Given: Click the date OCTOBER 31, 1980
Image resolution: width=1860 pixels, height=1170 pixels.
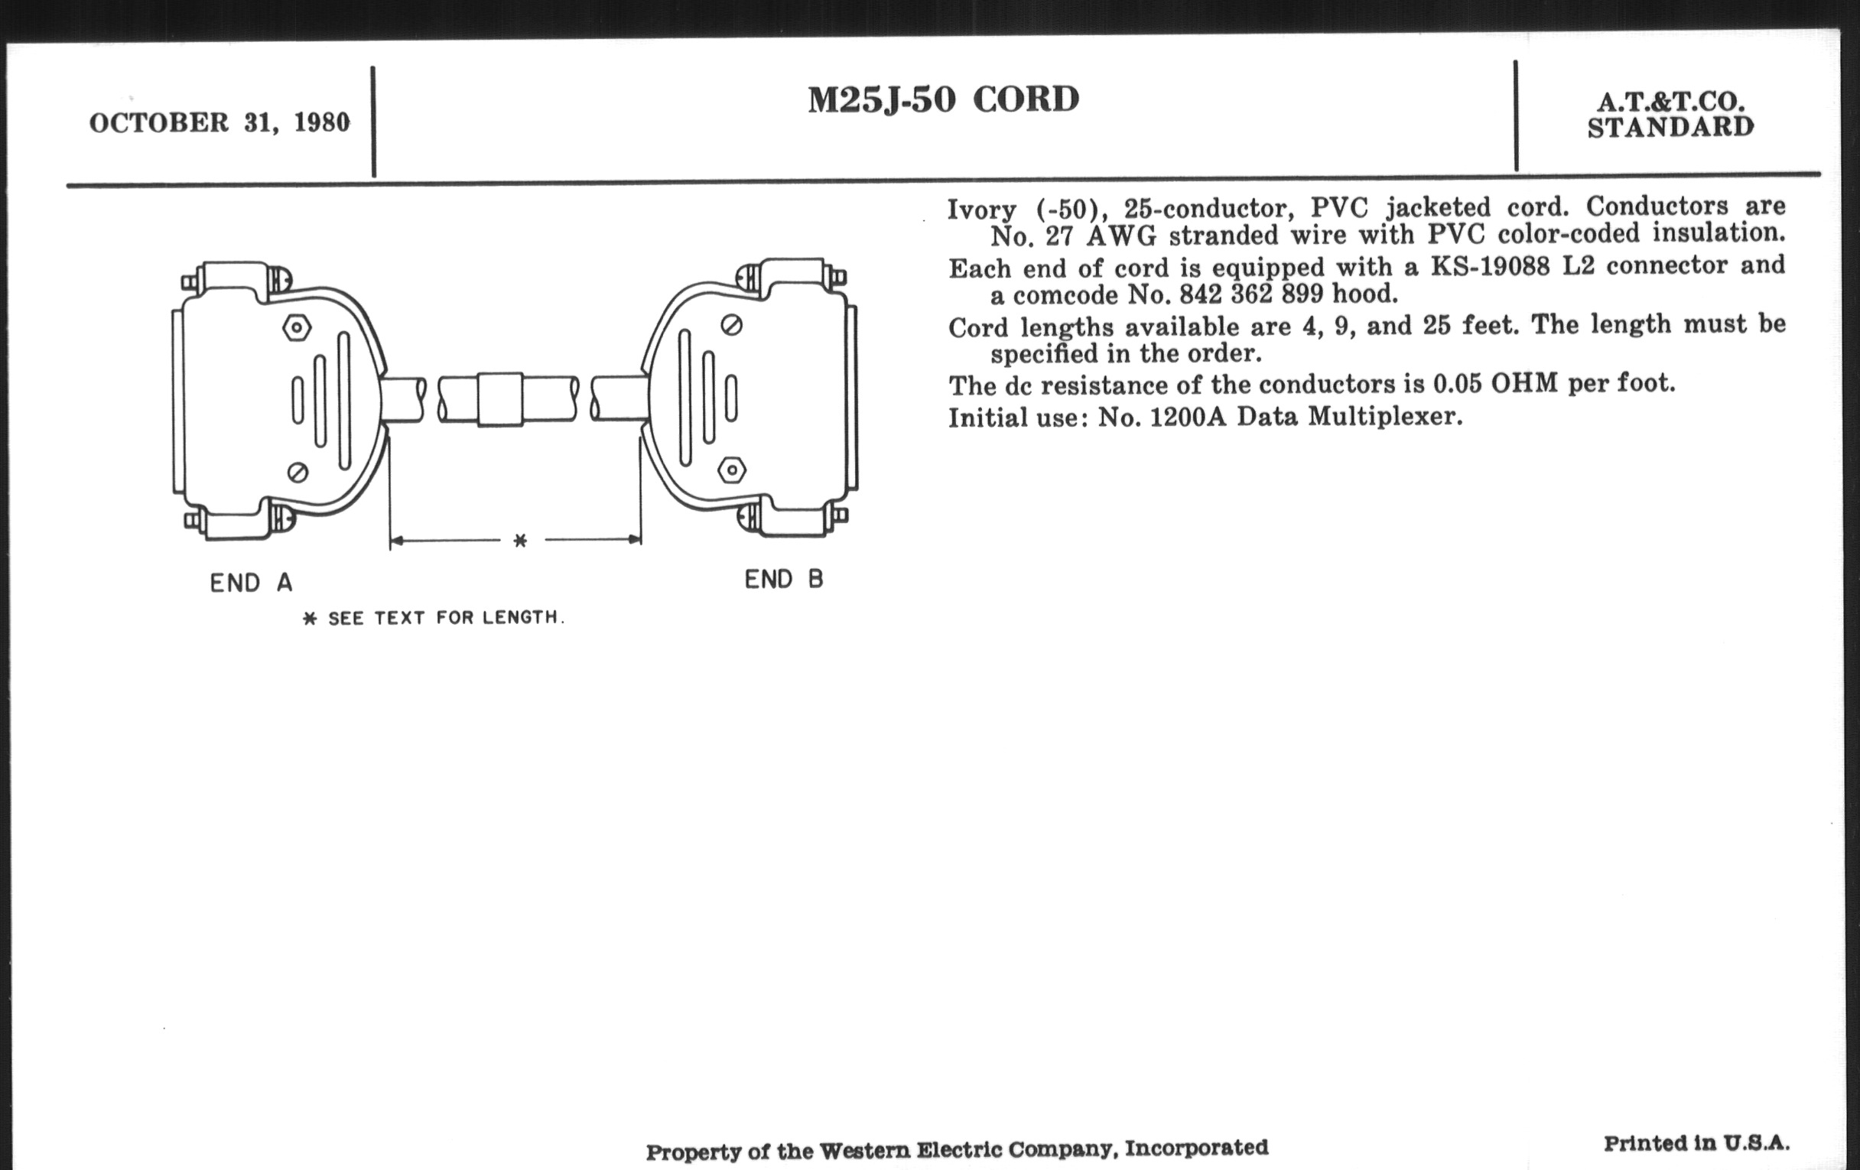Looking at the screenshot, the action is (x=219, y=123).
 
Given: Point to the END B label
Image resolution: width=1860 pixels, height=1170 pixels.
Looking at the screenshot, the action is (x=784, y=579).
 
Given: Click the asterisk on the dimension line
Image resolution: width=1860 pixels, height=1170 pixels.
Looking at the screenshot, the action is (x=520, y=541).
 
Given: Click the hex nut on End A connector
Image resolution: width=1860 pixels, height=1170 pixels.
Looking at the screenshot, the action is (x=297, y=327).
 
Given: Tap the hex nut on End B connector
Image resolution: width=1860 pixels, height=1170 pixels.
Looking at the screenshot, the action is (x=731, y=469).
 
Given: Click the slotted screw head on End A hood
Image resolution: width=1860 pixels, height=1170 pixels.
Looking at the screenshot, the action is (x=298, y=472).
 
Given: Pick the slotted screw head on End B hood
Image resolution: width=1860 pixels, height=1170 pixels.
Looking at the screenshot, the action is (x=731, y=325).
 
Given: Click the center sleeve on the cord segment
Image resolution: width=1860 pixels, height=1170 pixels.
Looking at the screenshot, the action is (x=500, y=399).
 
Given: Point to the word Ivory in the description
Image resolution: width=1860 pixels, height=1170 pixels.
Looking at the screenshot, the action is (x=982, y=210).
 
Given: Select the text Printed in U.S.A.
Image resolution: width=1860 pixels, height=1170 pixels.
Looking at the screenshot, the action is (x=1696, y=1144).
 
